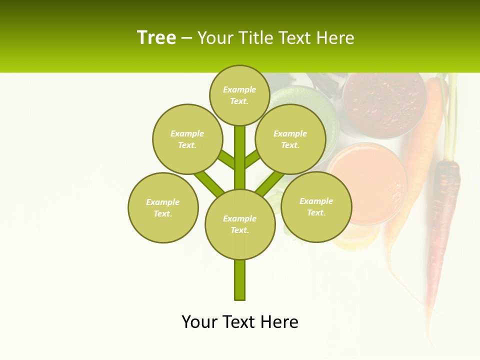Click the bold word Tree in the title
click(156, 37)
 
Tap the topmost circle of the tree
click(239, 95)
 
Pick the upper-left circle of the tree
click(187, 139)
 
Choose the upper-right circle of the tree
click(290, 139)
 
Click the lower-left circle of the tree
click(162, 207)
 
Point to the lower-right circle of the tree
click(316, 206)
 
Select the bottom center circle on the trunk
click(239, 224)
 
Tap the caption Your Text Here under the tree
click(239, 321)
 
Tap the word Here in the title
click(336, 38)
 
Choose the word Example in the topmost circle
click(239, 89)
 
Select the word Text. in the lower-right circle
click(316, 212)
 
